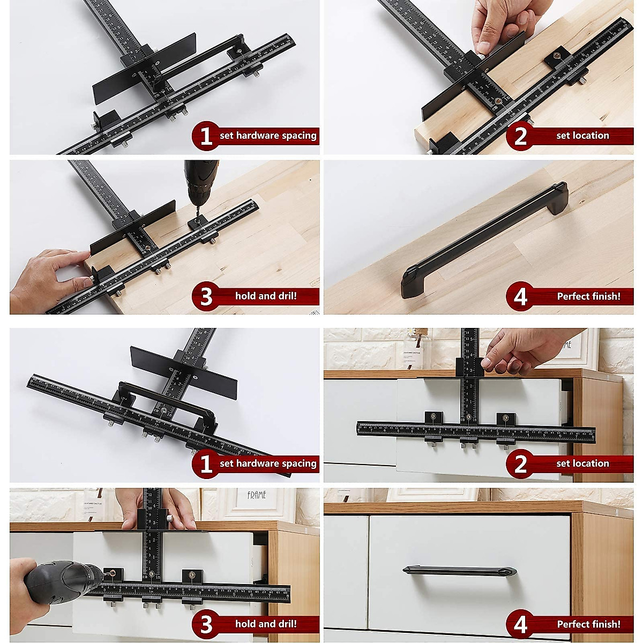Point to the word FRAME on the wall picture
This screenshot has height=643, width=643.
(x=257, y=495)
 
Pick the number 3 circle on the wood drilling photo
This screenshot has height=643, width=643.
(x=206, y=296)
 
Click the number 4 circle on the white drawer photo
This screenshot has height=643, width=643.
(x=520, y=624)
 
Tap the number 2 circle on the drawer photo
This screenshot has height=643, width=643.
(x=520, y=463)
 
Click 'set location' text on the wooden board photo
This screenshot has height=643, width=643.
(x=582, y=136)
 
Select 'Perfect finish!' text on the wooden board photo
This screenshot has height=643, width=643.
(x=588, y=296)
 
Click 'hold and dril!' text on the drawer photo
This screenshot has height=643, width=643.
(x=266, y=624)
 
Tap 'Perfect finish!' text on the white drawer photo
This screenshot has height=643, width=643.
(x=588, y=624)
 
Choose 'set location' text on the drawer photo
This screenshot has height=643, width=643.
(x=582, y=463)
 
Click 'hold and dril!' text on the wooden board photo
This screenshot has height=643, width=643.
(x=266, y=296)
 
